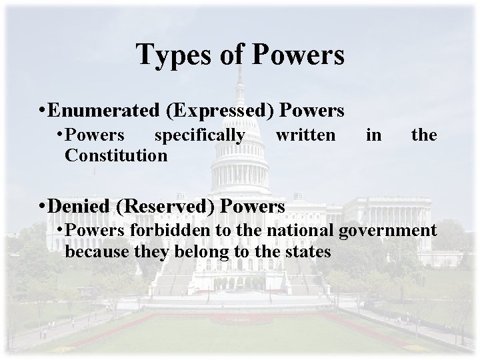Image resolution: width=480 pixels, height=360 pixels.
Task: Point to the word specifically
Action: point(199,135)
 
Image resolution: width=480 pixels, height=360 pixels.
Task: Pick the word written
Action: point(305,135)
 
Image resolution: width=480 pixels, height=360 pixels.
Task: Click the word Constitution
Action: point(116,155)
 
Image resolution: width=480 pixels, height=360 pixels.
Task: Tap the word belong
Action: point(193,252)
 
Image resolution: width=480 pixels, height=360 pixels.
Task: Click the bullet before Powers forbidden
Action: point(60,232)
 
